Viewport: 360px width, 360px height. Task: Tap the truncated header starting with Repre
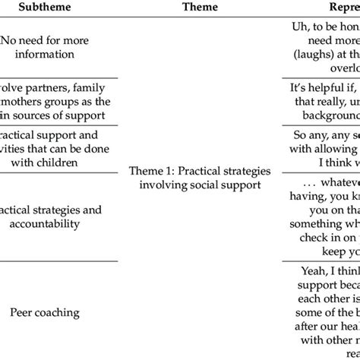pyautogui.click(x=334, y=8)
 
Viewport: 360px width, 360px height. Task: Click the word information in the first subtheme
pyautogui.click(x=48, y=55)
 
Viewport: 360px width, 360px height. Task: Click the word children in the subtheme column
pyautogui.click(x=49, y=163)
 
